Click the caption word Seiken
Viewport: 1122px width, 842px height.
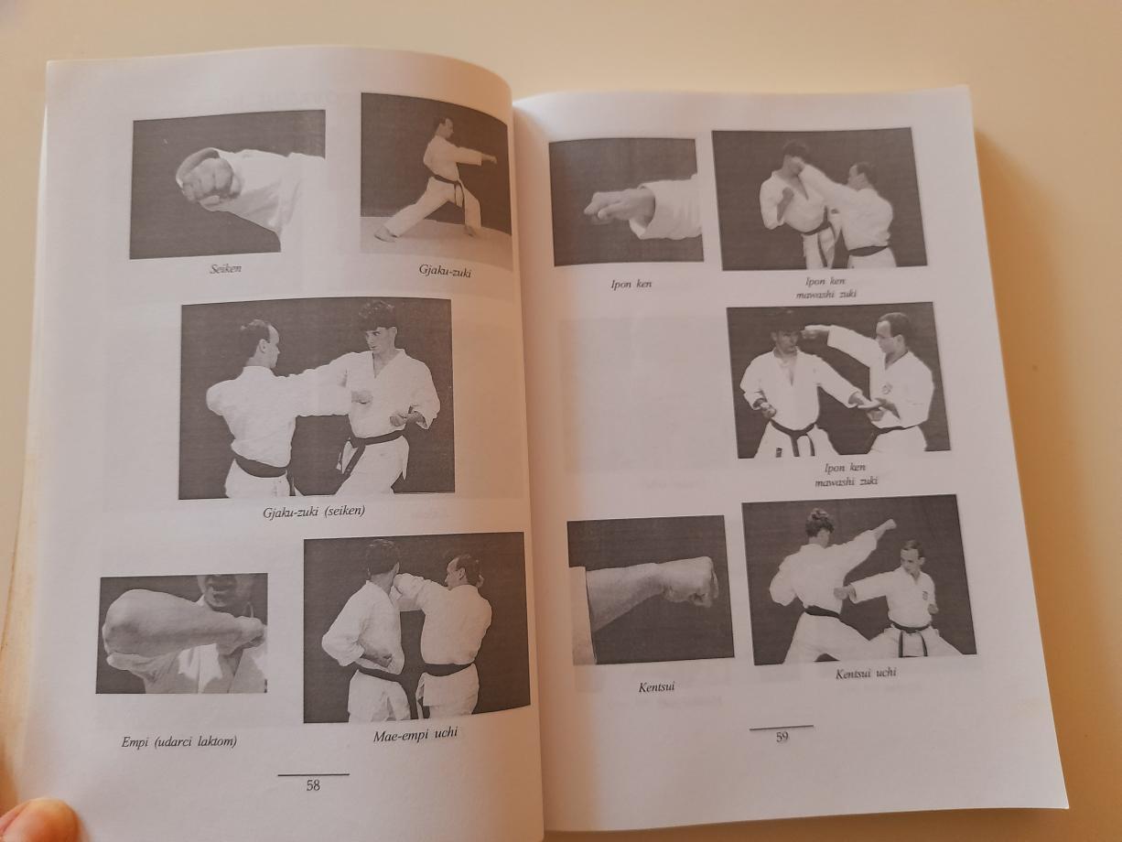tap(225, 269)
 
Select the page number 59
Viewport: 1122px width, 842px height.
tap(782, 737)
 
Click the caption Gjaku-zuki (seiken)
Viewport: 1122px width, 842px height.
tap(314, 512)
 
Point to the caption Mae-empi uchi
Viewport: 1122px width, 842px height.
tap(415, 736)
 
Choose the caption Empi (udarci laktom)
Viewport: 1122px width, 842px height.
tap(178, 742)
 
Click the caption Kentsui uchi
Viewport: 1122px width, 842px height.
tap(866, 674)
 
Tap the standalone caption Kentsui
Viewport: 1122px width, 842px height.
tap(656, 687)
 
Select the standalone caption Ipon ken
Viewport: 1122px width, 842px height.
tap(631, 285)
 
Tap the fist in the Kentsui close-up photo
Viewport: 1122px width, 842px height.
tap(690, 583)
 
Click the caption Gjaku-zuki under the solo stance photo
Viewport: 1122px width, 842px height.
tap(445, 272)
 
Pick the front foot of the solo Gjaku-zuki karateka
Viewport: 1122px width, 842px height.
tap(384, 233)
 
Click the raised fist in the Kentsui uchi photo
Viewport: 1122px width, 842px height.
tap(888, 526)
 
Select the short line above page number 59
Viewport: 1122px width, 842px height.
tap(781, 728)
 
